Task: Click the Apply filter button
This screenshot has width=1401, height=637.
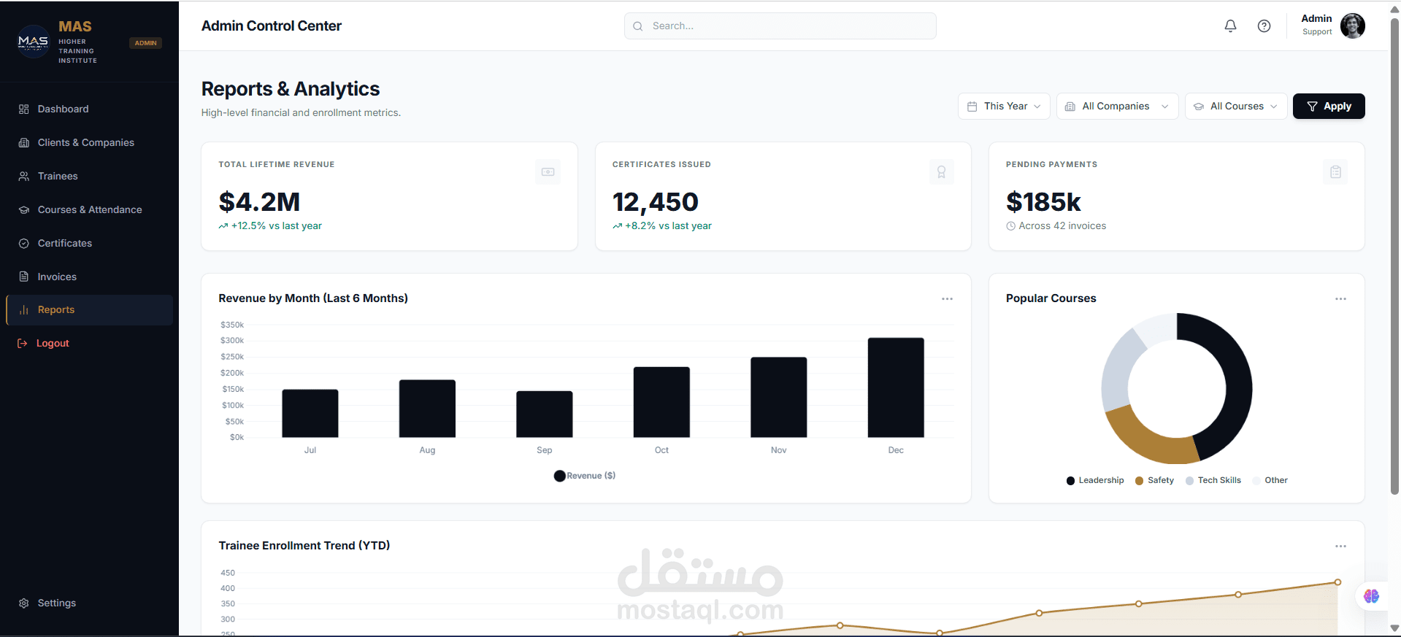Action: coord(1328,107)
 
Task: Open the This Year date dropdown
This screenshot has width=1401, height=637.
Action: coord(1004,107)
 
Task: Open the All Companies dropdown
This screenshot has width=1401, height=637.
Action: coord(1117,107)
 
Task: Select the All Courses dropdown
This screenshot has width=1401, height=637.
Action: coord(1235,107)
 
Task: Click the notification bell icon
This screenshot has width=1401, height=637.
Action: coord(1230,26)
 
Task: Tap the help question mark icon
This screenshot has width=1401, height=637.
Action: coord(1264,26)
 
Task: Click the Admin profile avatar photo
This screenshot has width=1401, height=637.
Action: coord(1352,26)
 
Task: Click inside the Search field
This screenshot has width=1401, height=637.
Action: coord(780,26)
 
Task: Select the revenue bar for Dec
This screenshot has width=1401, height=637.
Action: coord(896,387)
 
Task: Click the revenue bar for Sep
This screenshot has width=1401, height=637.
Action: coord(544,414)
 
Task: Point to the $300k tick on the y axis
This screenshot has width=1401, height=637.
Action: coord(232,341)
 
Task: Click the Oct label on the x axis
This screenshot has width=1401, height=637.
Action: coord(661,450)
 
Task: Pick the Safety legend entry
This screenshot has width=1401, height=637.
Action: coord(1154,480)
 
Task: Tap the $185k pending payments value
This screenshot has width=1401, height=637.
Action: coord(1043,202)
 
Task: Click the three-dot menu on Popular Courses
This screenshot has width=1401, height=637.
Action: coord(1340,299)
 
